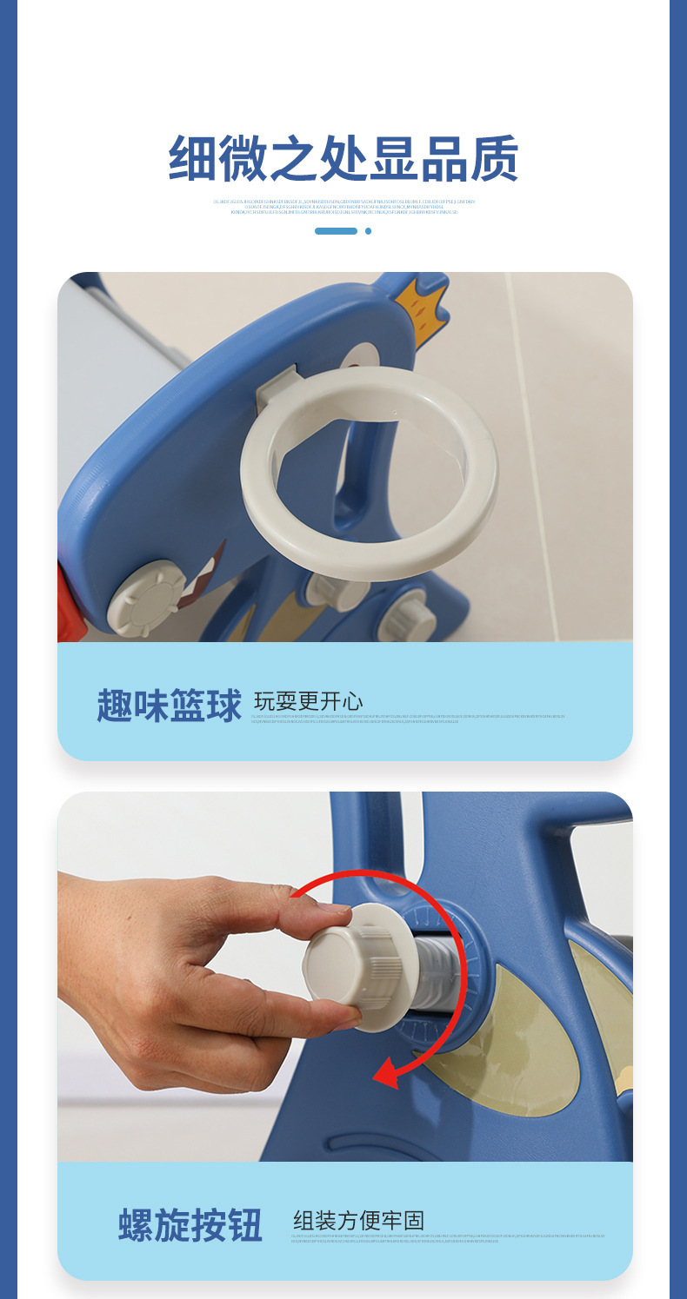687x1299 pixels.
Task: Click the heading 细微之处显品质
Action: tap(343, 159)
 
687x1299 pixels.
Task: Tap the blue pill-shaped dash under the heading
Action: tap(336, 231)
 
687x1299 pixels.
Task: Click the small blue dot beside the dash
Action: tap(368, 231)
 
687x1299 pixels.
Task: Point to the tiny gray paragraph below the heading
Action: tap(343, 206)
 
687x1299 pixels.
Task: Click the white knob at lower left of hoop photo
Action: tap(148, 600)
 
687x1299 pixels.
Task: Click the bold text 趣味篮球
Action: tap(169, 706)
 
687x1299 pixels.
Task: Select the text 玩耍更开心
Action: tap(308, 701)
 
